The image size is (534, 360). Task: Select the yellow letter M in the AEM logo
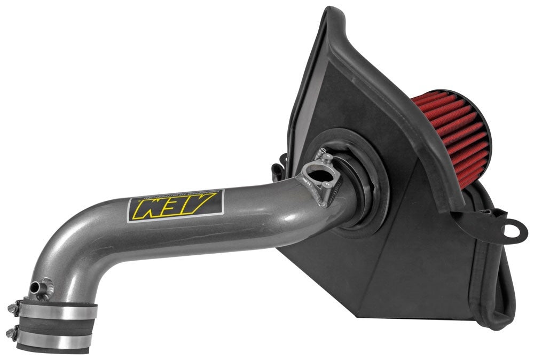(145, 209)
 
